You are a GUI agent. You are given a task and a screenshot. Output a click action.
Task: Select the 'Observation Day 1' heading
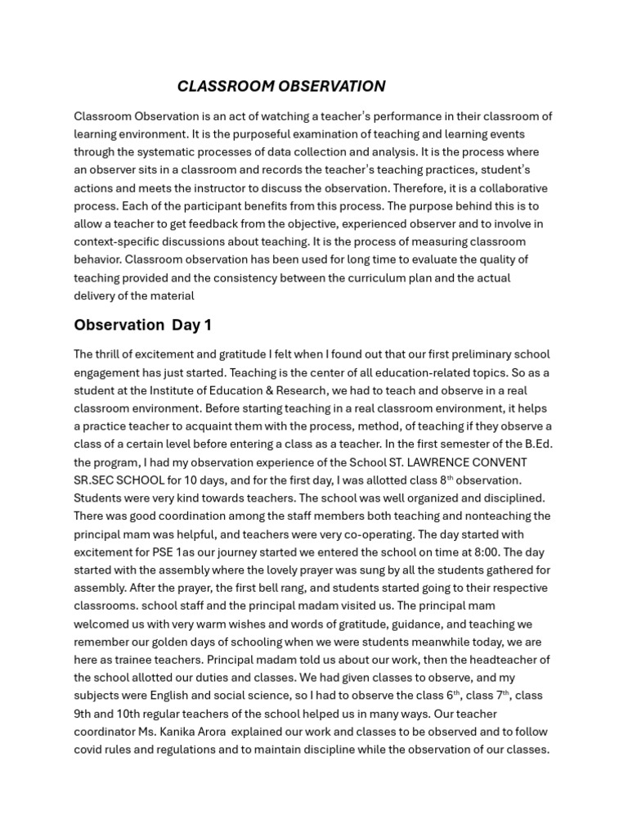(142, 325)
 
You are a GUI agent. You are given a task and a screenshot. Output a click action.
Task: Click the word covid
(89, 750)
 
